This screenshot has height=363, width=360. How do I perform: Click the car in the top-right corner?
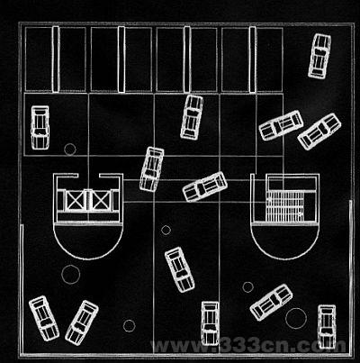click(319, 56)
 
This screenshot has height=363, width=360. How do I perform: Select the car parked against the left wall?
click(40, 127)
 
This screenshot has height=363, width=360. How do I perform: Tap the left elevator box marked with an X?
click(75, 201)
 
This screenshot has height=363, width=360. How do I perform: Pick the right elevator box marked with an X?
click(101, 201)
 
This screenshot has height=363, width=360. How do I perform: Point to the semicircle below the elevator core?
click(88, 259)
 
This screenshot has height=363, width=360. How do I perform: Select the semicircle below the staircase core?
click(285, 259)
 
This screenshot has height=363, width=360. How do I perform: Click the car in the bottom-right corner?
click(327, 327)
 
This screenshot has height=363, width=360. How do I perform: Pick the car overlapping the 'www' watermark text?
click(210, 323)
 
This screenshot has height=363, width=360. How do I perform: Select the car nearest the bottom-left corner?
click(44, 318)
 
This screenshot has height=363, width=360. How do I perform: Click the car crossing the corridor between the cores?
click(205, 186)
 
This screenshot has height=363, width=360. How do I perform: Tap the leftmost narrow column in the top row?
click(56, 59)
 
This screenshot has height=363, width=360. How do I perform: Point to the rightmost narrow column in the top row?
click(253, 59)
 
